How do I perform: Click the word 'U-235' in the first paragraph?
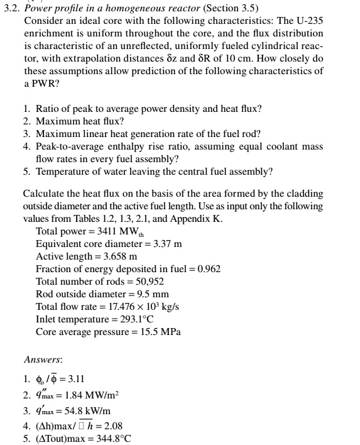[x=308, y=20]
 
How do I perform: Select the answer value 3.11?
[x=72, y=379]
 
